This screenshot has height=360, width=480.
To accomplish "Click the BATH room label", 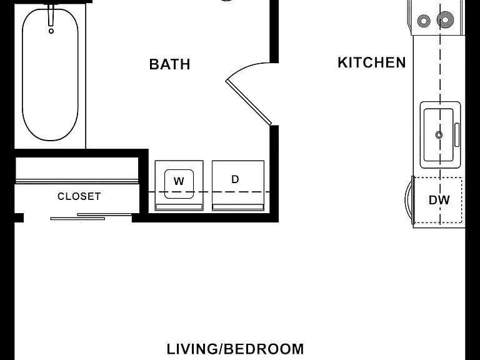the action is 169,64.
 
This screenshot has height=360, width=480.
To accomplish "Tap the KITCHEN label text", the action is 372,62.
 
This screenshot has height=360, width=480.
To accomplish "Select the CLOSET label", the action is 79,196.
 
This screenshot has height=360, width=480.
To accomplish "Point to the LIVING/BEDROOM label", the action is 235,349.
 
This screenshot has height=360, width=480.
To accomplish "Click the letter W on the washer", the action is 179,181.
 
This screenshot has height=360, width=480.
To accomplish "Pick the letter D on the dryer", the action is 235,179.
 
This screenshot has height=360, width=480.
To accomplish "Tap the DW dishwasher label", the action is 439,200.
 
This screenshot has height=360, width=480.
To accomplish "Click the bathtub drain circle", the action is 51,31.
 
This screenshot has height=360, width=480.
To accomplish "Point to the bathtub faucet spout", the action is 51,15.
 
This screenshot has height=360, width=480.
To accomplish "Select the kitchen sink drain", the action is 439,135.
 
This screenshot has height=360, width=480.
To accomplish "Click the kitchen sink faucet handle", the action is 457,135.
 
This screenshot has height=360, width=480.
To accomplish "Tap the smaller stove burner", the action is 424,21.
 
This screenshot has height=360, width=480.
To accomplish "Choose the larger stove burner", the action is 445,19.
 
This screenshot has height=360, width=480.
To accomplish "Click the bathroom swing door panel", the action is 249,102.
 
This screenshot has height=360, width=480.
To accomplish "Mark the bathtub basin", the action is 50,75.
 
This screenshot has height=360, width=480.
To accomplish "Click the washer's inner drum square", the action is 179,184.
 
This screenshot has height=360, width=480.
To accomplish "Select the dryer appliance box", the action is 238,186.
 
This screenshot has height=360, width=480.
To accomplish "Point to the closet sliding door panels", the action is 91,216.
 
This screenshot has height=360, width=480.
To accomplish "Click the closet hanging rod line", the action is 77,181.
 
